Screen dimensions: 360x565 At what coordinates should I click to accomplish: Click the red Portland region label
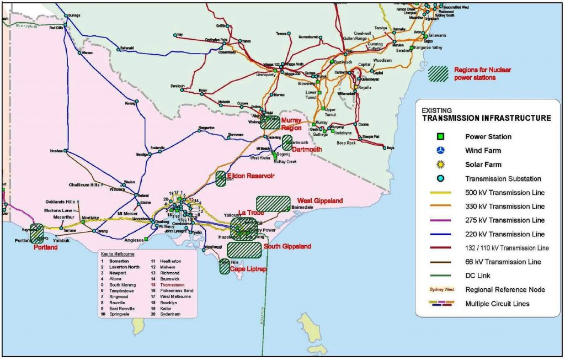pyautogui.click(x=46, y=247)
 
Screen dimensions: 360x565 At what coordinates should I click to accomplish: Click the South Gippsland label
pyautogui.click(x=287, y=246)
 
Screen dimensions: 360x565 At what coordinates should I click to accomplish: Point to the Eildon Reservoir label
pyautogui.click(x=248, y=176)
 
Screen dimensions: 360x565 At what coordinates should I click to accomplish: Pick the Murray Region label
pyautogui.click(x=291, y=124)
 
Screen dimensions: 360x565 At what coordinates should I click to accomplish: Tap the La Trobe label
pyautogui.click(x=251, y=213)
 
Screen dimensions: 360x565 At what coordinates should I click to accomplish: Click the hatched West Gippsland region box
pyautogui.click(x=273, y=204)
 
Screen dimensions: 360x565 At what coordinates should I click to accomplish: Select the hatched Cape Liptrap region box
pyautogui.click(x=225, y=267)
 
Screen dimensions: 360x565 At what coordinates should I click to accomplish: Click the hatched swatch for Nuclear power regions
pyautogui.click(x=439, y=74)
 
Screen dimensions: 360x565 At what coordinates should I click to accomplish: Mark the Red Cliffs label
pyautogui.click(x=56, y=28)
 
